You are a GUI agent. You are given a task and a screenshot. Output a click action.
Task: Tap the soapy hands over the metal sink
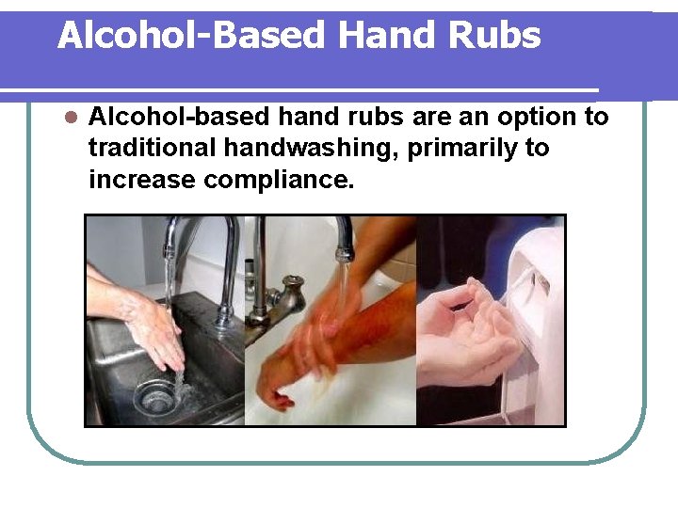click(151, 325)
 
